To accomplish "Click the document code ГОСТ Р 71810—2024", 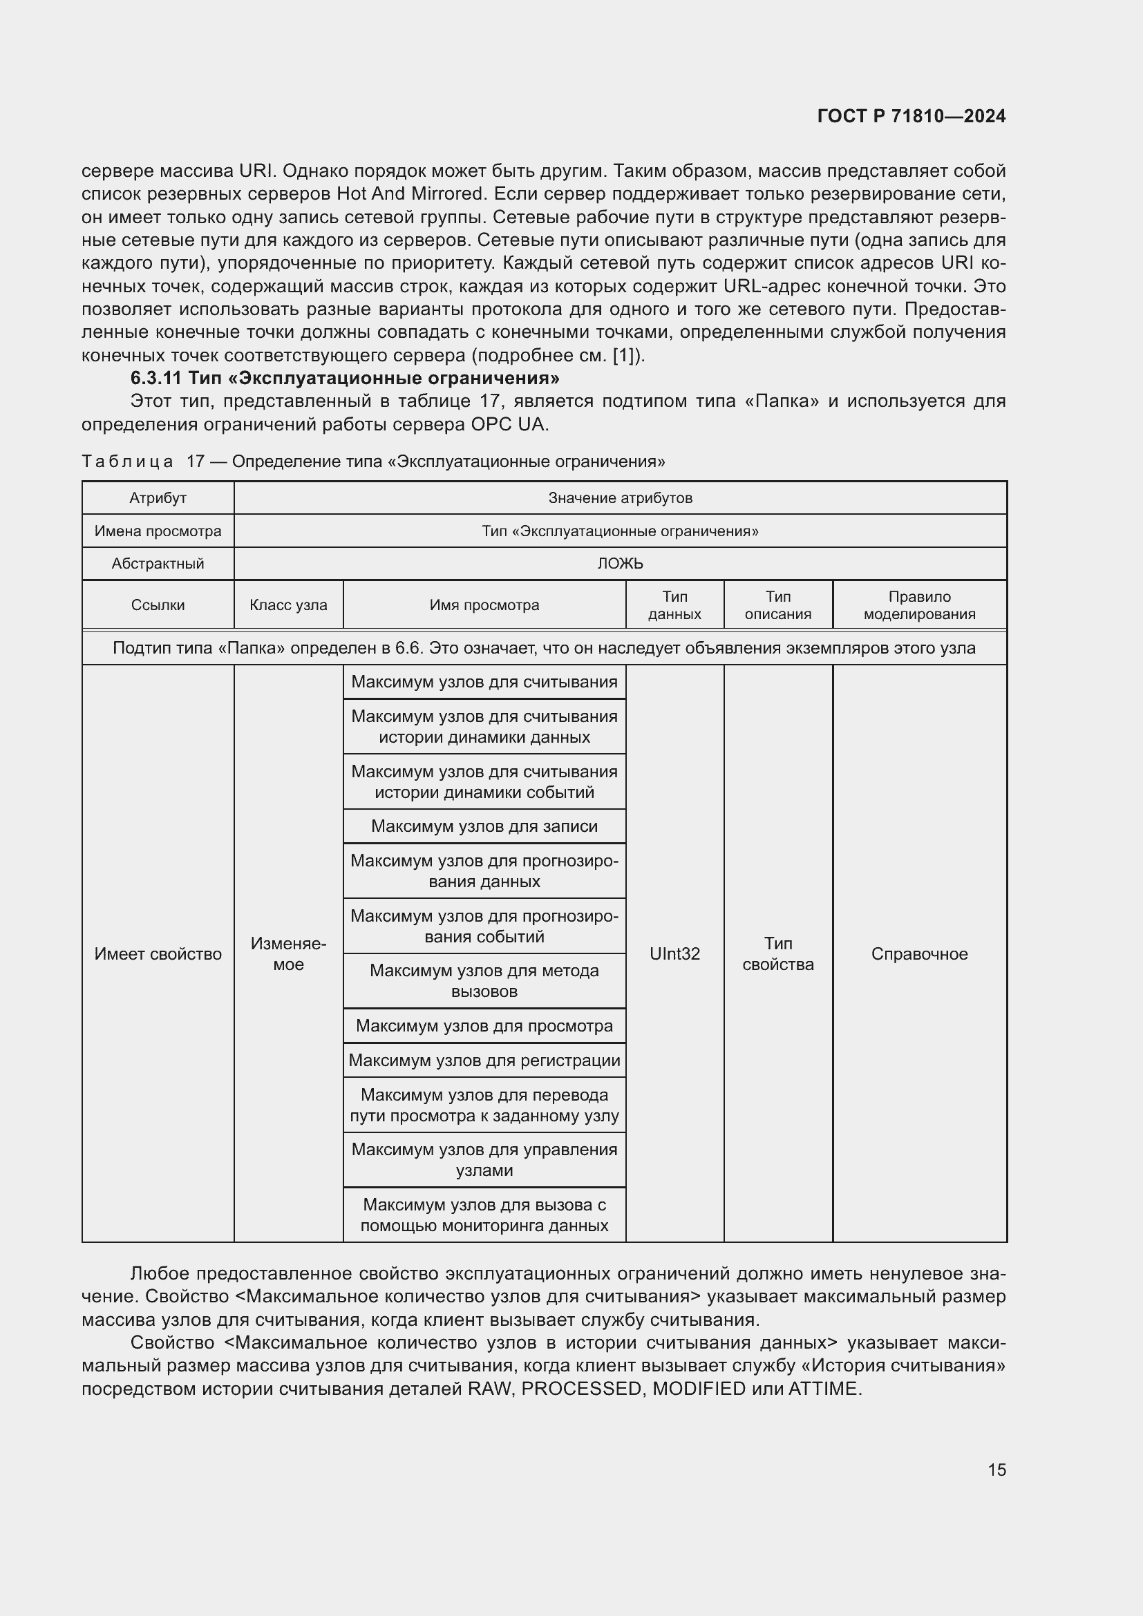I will pyautogui.click(x=911, y=116).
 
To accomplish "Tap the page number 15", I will pyautogui.click(x=996, y=1470).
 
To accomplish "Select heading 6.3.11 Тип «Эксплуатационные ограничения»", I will pyautogui.click(x=345, y=379).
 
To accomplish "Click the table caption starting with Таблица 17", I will pyautogui.click(x=373, y=462).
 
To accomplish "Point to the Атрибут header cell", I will pyautogui.click(x=158, y=498).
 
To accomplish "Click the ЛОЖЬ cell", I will pyautogui.click(x=620, y=564).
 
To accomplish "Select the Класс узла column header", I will pyautogui.click(x=288, y=605).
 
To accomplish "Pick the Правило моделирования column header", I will pyautogui.click(x=919, y=605).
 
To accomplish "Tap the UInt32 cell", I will pyautogui.click(x=674, y=953).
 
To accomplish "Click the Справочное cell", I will pyautogui.click(x=919, y=953).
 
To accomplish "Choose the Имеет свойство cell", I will pyautogui.click(x=158, y=953).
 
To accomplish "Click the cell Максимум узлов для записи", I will pyautogui.click(x=484, y=826).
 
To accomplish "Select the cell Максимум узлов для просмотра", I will pyautogui.click(x=484, y=1025).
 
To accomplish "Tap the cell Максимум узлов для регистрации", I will pyautogui.click(x=484, y=1060).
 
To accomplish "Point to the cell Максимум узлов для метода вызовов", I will pyautogui.click(x=484, y=980).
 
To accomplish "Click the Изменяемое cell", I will pyautogui.click(x=288, y=953).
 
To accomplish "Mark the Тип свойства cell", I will pyautogui.click(x=777, y=953).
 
